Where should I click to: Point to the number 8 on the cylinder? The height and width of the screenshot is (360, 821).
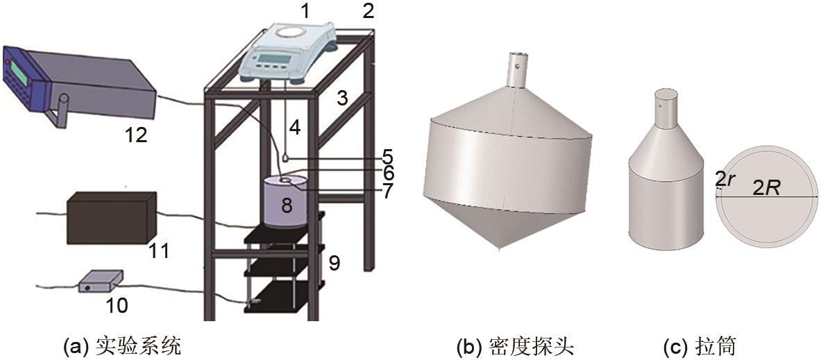(x=287, y=205)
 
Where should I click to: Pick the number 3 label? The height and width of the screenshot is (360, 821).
(x=342, y=98)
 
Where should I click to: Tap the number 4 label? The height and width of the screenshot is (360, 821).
(x=296, y=128)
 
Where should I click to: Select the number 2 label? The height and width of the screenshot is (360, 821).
(x=369, y=10)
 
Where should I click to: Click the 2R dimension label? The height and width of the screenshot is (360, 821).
(x=766, y=188)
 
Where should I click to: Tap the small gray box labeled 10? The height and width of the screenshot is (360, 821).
(x=101, y=282)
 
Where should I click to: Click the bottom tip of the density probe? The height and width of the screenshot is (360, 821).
(x=500, y=249)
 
